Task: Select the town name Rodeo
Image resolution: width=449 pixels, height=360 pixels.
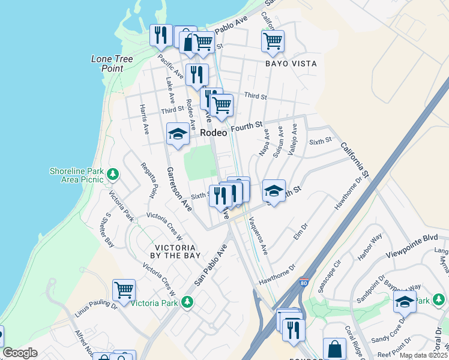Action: (214, 133)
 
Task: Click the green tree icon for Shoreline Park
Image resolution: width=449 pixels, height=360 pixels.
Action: (113, 175)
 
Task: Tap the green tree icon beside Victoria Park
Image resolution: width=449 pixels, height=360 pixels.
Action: (188, 302)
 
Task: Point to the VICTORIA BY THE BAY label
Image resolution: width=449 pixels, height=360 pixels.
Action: (175, 251)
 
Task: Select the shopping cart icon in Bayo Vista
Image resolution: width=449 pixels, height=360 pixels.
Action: (273, 41)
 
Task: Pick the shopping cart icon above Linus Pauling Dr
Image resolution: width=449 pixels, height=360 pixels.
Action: (124, 290)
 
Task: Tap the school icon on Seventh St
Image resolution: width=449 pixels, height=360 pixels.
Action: (274, 191)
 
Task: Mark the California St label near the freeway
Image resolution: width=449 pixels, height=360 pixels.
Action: (354, 160)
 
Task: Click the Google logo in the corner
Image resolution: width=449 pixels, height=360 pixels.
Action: (20, 353)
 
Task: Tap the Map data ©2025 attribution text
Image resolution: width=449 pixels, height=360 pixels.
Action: (423, 355)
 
